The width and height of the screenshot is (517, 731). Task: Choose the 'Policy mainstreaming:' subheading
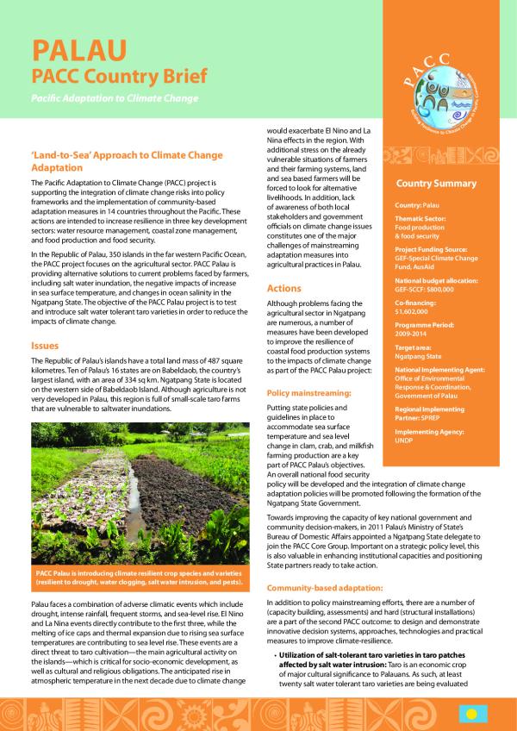click(x=308, y=392)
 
